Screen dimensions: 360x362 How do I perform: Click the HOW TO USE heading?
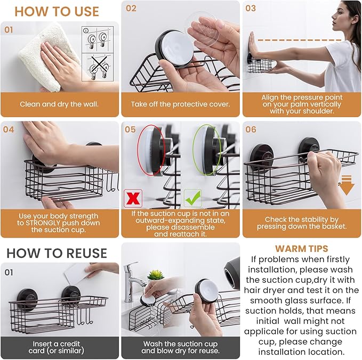coord(57,11)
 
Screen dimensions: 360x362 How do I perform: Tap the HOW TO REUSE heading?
coord(57,253)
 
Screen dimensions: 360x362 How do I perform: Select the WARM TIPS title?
coord(301,249)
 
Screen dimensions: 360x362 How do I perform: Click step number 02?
coord(131,9)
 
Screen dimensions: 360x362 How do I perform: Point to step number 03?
coord(251,9)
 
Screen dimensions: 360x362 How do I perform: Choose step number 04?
coord(9,129)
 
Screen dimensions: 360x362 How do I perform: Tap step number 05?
coord(131,129)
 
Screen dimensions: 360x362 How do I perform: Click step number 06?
coord(251,129)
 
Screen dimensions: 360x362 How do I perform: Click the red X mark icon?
coord(132,198)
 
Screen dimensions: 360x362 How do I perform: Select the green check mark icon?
coord(191,198)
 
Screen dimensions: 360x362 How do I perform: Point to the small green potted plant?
coord(155,275)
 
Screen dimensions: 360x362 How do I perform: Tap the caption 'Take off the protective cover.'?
coord(180,104)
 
